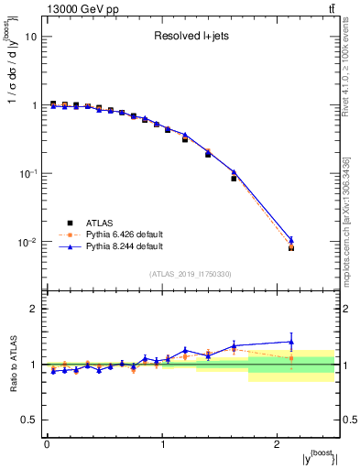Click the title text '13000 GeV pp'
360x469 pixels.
(x=78, y=9)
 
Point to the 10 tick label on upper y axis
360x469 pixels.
(x=30, y=38)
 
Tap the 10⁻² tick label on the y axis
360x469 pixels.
(x=27, y=243)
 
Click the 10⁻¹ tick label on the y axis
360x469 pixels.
(x=27, y=174)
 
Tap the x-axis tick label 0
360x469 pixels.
(x=47, y=444)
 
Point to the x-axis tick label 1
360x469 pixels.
(x=162, y=444)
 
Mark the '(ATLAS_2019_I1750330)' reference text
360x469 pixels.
(x=191, y=273)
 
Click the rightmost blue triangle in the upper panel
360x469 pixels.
(x=291, y=240)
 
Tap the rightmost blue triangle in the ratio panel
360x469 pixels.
(x=291, y=342)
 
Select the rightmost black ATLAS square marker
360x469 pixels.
(x=291, y=247)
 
